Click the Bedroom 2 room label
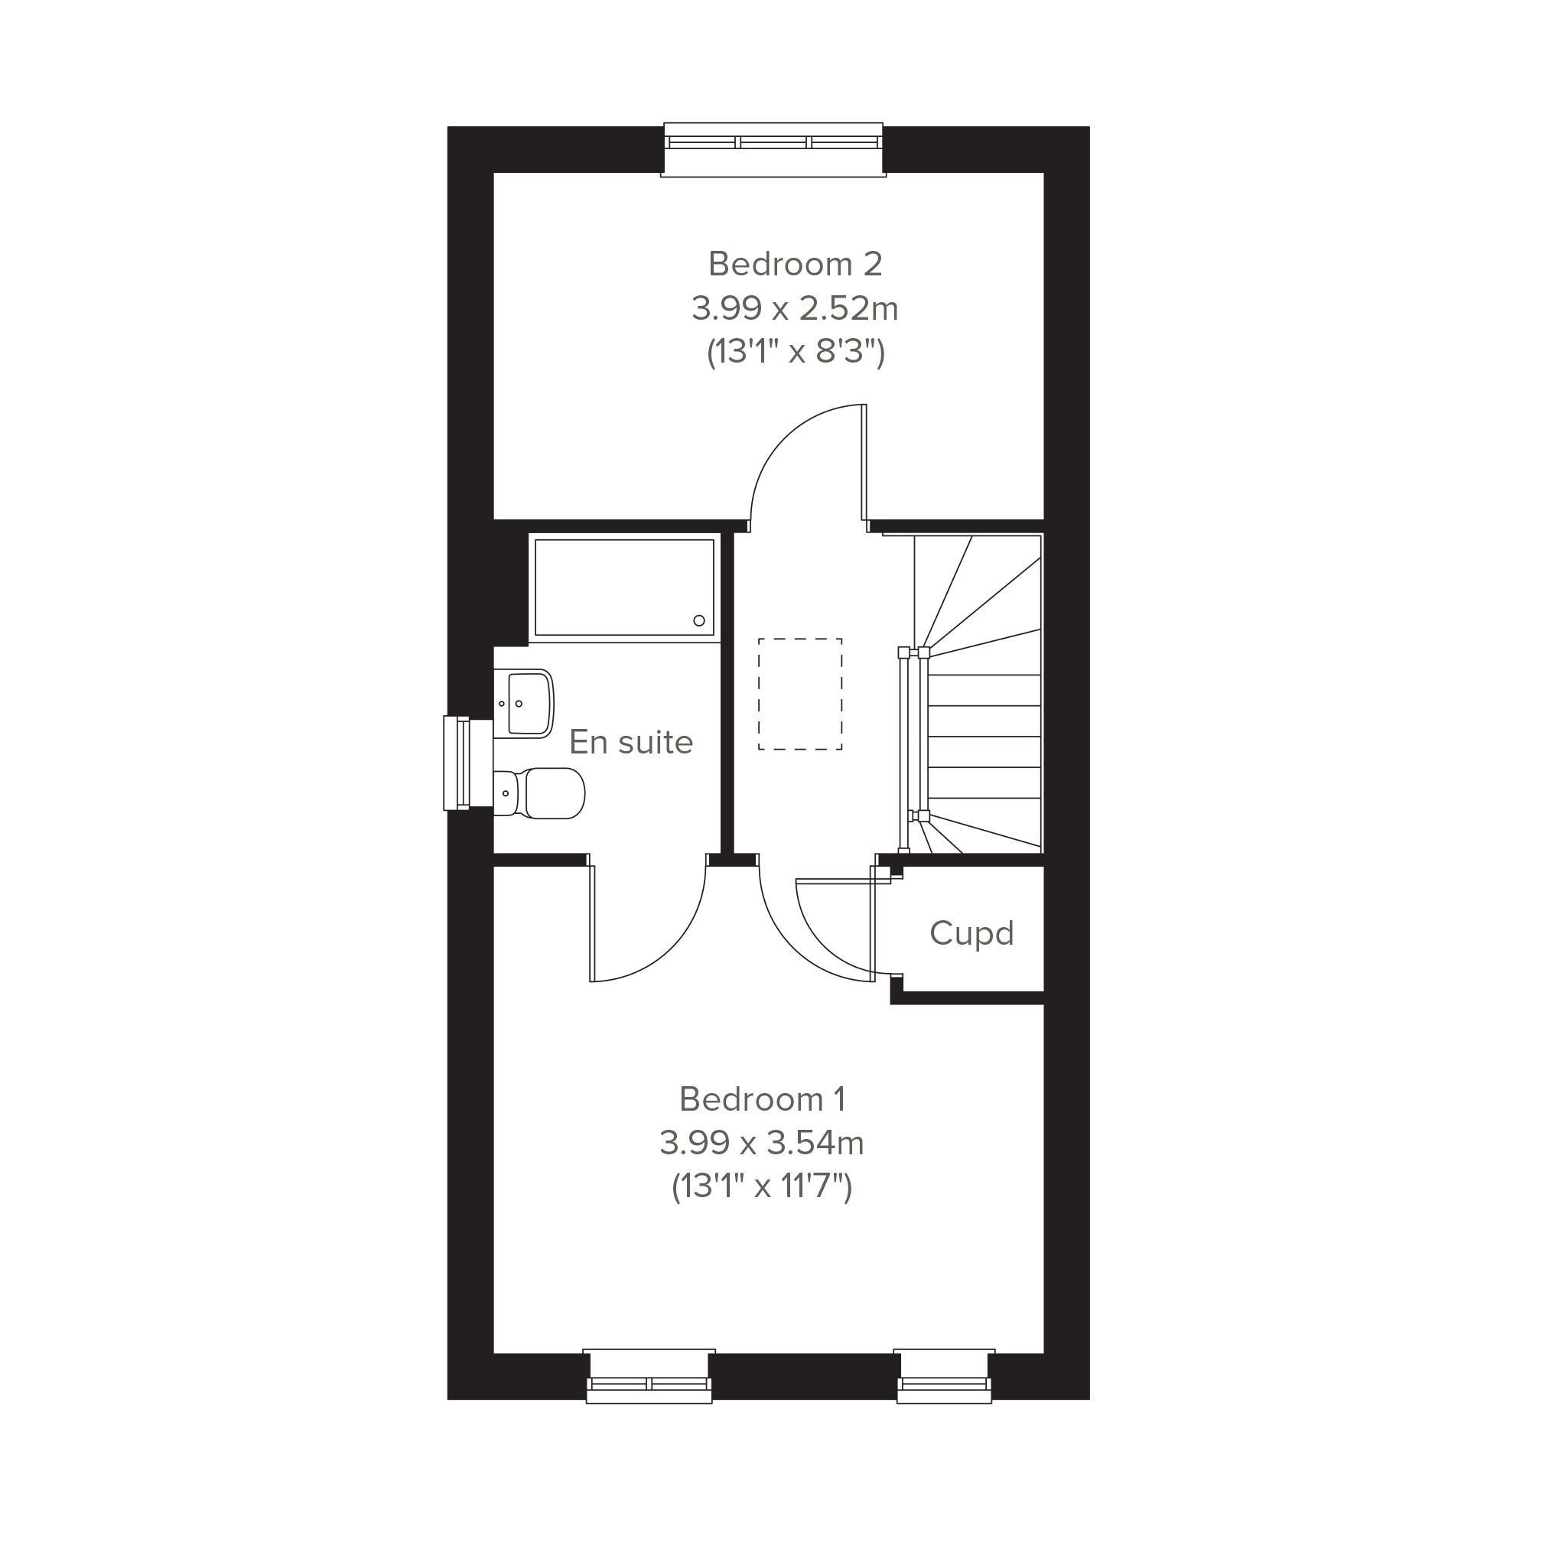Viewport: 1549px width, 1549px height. [796, 264]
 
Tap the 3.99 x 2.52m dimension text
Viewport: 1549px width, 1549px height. [796, 308]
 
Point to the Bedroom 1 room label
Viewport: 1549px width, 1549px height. [762, 1099]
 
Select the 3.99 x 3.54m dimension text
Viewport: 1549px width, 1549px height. [762, 1143]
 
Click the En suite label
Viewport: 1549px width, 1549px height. [631, 743]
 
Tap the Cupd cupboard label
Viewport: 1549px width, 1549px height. [971, 934]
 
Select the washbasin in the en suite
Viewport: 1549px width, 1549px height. [523, 704]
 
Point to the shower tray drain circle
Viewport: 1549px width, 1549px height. [699, 620]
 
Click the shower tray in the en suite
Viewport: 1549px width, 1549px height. [623, 587]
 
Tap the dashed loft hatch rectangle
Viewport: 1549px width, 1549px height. [800, 695]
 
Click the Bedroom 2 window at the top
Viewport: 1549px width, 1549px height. [773, 149]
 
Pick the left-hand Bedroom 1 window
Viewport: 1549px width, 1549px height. [649, 1376]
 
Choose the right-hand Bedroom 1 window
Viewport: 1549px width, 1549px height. [945, 1376]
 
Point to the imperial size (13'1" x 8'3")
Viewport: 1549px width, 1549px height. [796, 352]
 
